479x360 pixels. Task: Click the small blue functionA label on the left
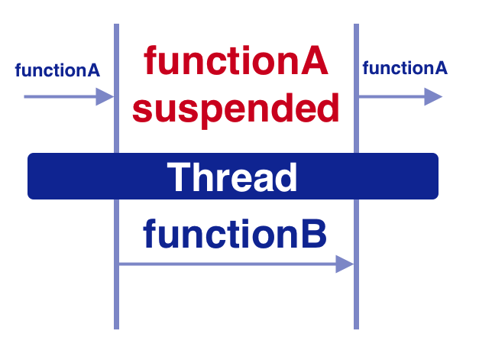click(x=57, y=70)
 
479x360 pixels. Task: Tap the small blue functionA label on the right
click(x=404, y=68)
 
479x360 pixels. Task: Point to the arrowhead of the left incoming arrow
click(x=106, y=96)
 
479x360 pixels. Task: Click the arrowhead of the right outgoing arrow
click(x=434, y=96)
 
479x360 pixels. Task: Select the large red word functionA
click(x=236, y=62)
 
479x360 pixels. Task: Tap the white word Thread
click(x=232, y=177)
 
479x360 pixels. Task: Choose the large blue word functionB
click(x=235, y=235)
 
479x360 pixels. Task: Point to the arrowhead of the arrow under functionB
click(x=345, y=264)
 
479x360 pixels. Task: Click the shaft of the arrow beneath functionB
click(x=229, y=264)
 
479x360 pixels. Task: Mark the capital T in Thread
click(x=178, y=177)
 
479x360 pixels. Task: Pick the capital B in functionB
click(x=314, y=235)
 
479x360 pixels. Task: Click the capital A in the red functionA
click(x=314, y=62)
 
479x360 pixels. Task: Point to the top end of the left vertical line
click(x=116, y=27)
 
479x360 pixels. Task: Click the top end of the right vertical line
click(x=356, y=27)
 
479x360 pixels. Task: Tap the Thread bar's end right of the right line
click(x=398, y=177)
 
